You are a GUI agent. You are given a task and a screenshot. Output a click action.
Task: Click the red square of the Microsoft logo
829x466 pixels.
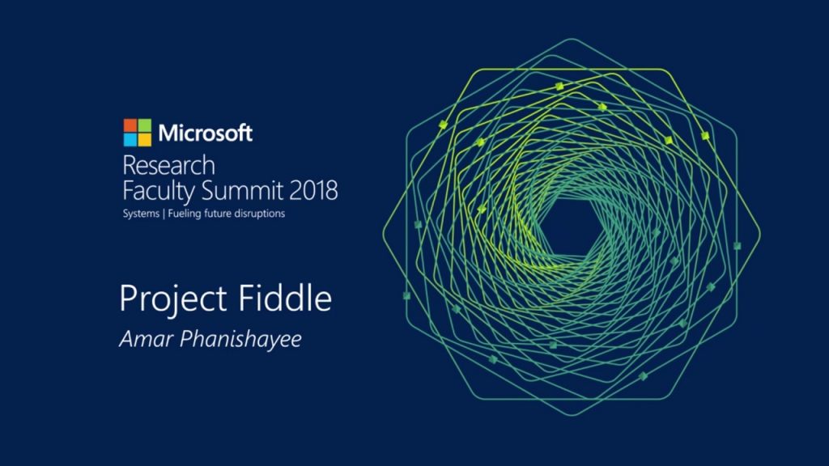130,125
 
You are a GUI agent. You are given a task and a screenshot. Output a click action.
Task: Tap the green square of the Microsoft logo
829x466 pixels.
144,125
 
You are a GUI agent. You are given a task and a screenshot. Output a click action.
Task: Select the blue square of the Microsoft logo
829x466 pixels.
130,140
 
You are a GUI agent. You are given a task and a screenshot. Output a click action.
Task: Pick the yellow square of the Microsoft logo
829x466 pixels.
144,140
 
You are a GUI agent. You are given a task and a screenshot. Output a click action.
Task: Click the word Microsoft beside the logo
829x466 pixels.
206,133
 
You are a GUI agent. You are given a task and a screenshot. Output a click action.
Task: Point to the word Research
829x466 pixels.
168,166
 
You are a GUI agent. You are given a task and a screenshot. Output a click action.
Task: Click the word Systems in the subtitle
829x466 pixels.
140,214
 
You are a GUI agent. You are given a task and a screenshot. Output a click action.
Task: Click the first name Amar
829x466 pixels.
142,339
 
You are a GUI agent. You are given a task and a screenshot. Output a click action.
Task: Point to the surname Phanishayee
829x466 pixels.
236,340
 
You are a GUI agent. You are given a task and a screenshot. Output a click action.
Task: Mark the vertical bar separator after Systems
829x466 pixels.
163,214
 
